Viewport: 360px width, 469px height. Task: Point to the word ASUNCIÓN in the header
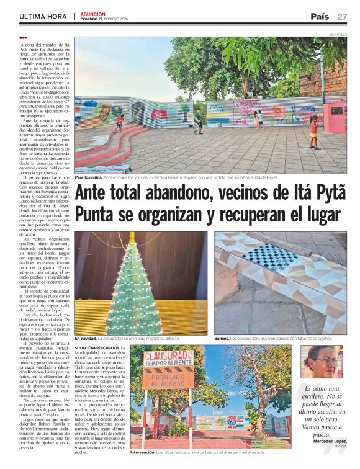pos(92,14)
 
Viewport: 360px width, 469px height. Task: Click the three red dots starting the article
pos(23,38)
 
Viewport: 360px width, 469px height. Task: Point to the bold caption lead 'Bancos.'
pos(222,339)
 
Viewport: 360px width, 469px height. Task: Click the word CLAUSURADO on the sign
pos(169,357)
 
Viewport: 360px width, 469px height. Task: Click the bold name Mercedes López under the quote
pos(330,440)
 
